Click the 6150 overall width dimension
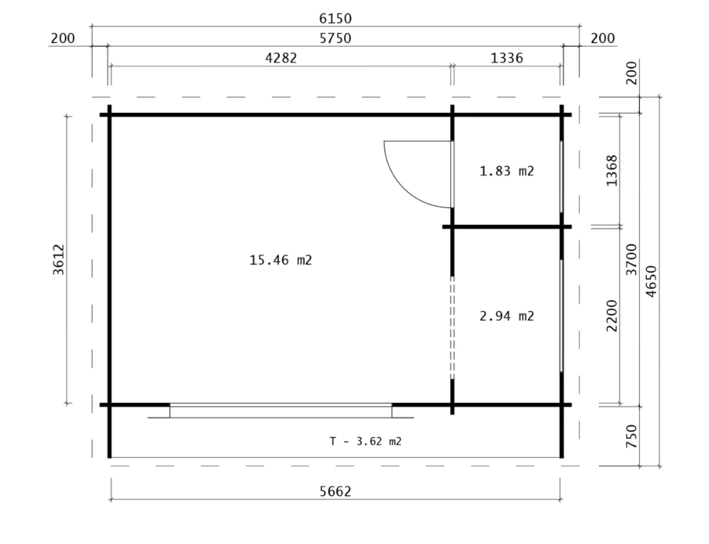pos(335,18)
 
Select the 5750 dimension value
pos(335,38)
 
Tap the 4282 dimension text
pos(281,59)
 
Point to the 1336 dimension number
pos(507,59)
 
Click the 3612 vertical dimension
pos(59,260)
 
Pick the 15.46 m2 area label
pos(281,260)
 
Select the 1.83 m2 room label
pos(507,171)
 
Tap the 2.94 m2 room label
pos(507,316)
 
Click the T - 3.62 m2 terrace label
pos(365,442)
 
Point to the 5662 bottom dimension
pos(335,491)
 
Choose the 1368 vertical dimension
pos(612,171)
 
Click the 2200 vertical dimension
pos(612,315)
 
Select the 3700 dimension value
pos(631,260)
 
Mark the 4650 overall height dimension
pos(651,282)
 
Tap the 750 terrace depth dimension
pos(631,436)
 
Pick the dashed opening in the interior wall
pos(452,327)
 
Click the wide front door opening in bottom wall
pos(281,411)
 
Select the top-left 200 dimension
pos(62,38)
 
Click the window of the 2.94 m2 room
pos(562,315)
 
